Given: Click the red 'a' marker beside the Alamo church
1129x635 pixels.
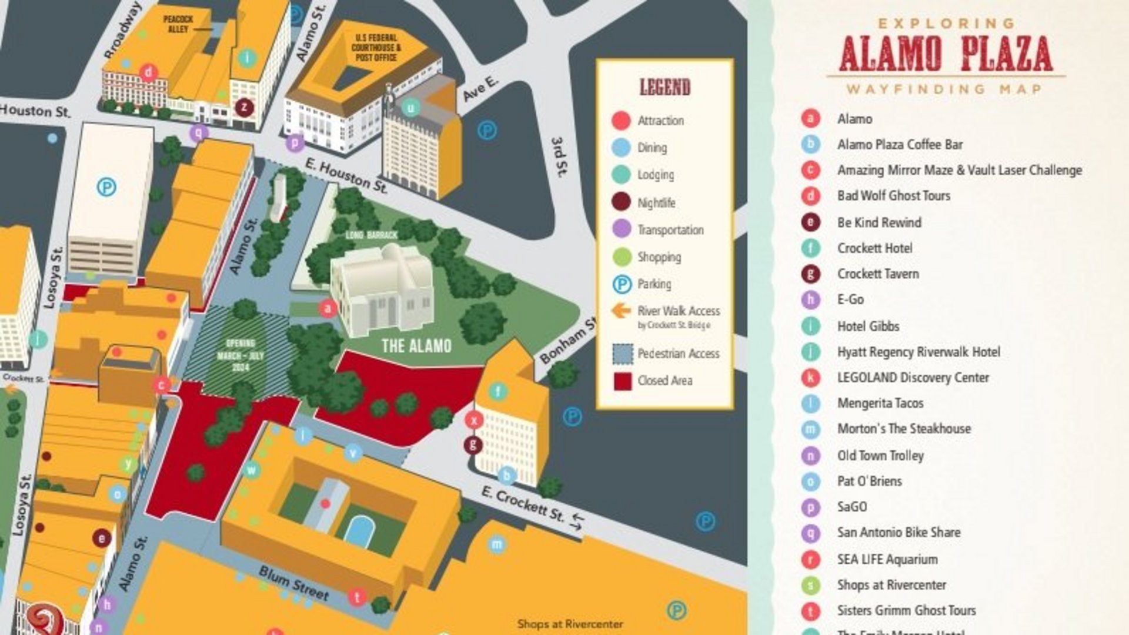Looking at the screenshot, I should [x=328, y=308].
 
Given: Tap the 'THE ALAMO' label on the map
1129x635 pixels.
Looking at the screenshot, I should [x=416, y=345].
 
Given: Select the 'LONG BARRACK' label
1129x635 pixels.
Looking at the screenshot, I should [x=371, y=235].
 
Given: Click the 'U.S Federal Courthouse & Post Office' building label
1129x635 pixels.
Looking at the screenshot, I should [x=376, y=48].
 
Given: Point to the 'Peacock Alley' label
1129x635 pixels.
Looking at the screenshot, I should [x=178, y=24].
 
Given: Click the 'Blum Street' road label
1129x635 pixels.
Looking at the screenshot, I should [x=293, y=583].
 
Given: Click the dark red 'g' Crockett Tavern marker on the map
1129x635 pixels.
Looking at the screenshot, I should [x=473, y=445].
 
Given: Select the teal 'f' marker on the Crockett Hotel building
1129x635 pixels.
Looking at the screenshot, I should [x=497, y=391].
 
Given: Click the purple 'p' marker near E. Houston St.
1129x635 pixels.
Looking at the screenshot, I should [x=295, y=142].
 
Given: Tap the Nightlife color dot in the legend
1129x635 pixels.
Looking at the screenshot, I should [x=622, y=202].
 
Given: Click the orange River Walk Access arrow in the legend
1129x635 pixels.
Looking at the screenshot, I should [x=621, y=310].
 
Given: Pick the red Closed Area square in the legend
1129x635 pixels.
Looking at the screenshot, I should [x=622, y=381].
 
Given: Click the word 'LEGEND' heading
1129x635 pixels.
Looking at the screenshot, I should [x=664, y=88].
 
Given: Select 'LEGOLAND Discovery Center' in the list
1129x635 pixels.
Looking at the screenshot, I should [x=913, y=377].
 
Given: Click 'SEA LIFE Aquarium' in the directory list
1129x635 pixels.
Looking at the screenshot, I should [x=887, y=559].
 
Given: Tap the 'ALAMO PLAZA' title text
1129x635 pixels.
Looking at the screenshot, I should [x=946, y=54].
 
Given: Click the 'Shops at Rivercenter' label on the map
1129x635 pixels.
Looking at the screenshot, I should [x=570, y=624].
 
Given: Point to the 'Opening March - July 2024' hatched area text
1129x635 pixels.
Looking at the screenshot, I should [x=240, y=355].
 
